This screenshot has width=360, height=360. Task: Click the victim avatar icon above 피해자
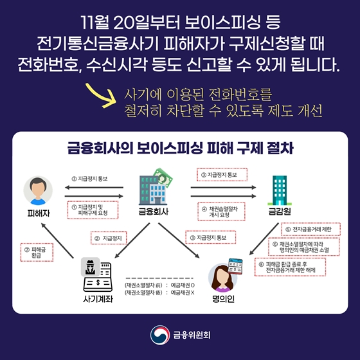(x=38, y=190)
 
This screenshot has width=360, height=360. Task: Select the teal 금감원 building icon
(x=280, y=190)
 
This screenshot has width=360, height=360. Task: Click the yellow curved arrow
(x=101, y=95)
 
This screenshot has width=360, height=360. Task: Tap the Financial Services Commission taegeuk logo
(x=160, y=335)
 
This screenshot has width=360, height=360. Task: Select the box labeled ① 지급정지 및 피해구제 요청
(x=93, y=210)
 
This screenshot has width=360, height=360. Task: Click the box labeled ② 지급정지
(x=109, y=238)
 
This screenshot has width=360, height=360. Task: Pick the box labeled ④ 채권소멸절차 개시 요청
(x=221, y=212)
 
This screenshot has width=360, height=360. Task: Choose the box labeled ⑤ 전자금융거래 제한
(x=310, y=229)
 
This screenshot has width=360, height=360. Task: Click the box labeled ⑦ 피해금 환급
(x=37, y=252)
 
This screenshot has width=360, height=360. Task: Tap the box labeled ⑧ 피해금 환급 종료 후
(x=290, y=267)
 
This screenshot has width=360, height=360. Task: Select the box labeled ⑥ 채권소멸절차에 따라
(x=303, y=247)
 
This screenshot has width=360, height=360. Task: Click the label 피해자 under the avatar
(x=39, y=213)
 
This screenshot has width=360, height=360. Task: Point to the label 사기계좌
(x=98, y=299)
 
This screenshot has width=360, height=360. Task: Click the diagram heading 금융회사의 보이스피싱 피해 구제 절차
(x=181, y=148)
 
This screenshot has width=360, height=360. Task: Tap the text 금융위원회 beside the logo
(x=192, y=335)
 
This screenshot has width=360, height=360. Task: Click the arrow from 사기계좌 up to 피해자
(x=57, y=240)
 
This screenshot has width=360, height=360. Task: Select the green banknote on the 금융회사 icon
(x=163, y=177)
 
